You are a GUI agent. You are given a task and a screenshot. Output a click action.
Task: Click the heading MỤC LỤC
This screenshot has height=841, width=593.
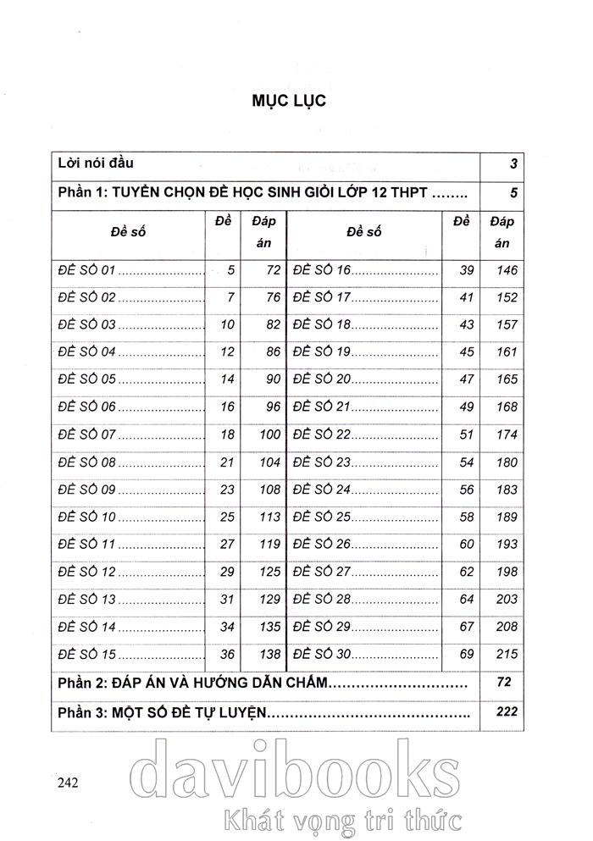click(289, 100)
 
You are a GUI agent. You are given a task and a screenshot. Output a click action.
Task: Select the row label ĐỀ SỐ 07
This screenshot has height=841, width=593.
click(86, 435)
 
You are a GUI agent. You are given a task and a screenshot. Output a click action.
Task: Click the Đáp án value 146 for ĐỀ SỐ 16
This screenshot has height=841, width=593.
click(502, 271)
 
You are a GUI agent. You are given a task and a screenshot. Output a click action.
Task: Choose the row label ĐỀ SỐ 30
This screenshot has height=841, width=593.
click(322, 655)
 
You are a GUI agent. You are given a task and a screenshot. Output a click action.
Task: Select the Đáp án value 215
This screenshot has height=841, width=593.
click(502, 655)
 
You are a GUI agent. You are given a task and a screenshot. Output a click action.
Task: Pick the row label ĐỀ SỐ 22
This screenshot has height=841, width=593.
click(322, 435)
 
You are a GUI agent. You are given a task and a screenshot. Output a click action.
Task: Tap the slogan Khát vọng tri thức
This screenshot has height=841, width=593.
click(339, 820)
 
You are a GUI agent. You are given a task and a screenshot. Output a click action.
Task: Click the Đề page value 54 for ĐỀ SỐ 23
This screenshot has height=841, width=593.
click(466, 462)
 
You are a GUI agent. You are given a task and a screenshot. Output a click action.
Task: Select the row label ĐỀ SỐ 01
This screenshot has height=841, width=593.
click(86, 271)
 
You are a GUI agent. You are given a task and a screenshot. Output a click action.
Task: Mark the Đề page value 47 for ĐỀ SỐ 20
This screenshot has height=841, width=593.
click(466, 380)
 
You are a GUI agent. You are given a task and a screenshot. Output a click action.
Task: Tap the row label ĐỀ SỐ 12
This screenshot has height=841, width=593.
click(86, 573)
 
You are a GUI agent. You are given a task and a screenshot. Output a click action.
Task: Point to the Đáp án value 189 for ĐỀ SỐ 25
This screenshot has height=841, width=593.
click(502, 517)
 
